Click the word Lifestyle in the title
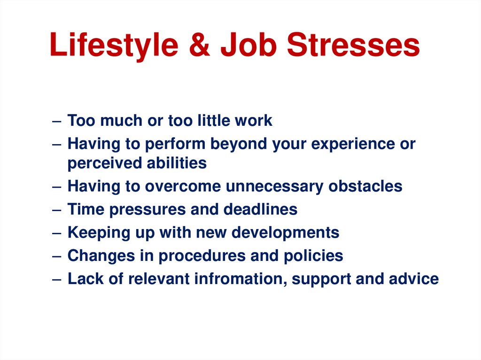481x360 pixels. tap(114, 46)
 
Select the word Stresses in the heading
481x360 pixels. tap(354, 46)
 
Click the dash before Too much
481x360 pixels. tap(56, 121)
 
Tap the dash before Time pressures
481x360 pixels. tap(56, 210)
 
